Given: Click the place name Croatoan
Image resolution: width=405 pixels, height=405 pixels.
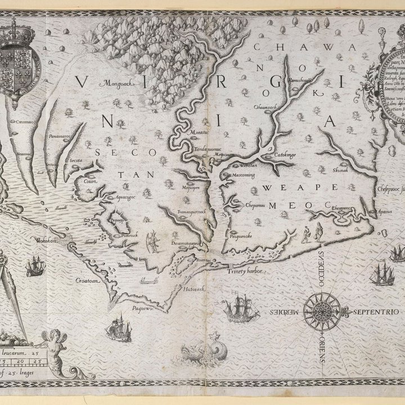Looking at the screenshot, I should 88,278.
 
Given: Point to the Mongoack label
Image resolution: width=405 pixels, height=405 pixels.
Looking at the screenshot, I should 115,84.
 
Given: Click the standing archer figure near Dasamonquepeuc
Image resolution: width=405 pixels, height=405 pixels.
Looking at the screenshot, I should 150,242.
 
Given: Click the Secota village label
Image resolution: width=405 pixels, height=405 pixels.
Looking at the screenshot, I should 76,160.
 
